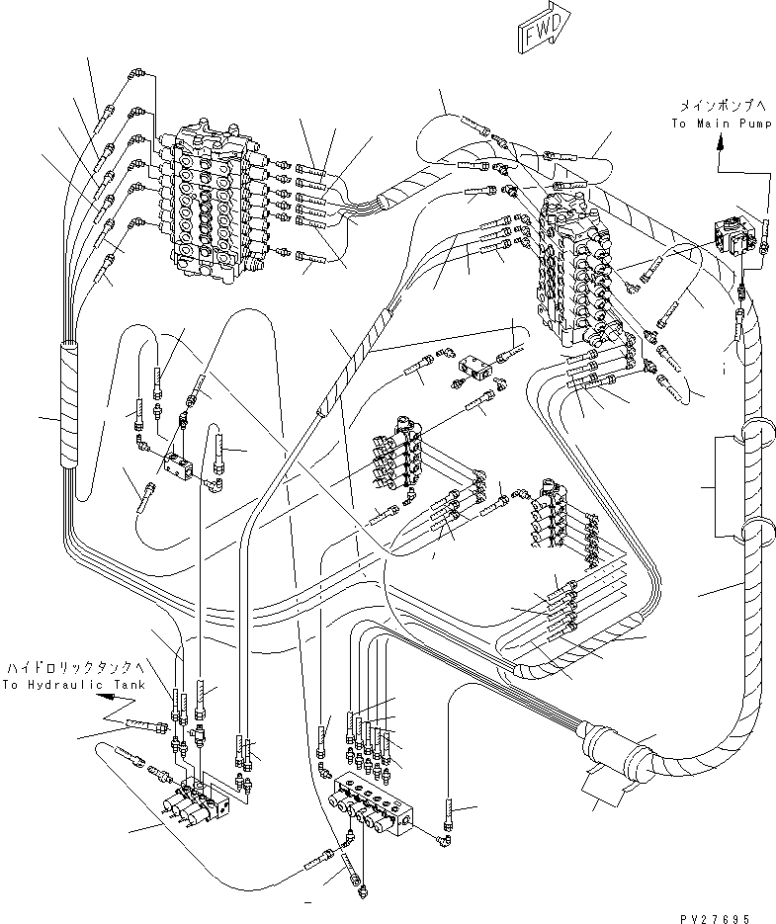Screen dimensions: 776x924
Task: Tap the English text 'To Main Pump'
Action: pos(721,124)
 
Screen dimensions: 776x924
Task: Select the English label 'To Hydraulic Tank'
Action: pos(73,685)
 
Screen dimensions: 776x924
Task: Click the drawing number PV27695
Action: pos(715,918)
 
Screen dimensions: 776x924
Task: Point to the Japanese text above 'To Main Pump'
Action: pos(723,106)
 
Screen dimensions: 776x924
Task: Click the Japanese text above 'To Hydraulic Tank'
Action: pos(75,668)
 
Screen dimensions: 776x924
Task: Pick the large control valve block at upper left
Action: pos(211,204)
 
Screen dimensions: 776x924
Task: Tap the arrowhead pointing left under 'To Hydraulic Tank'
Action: pos(105,697)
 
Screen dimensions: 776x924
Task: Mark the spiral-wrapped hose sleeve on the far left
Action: pos(69,406)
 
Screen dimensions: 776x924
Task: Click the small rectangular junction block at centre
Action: pos(474,369)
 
